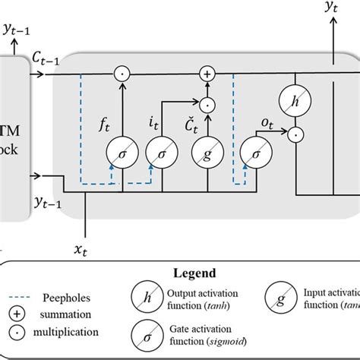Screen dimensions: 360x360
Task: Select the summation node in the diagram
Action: [x=205, y=74]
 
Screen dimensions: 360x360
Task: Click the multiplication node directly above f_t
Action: [x=119, y=74]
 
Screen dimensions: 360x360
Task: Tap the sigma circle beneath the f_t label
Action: [x=118, y=151]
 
